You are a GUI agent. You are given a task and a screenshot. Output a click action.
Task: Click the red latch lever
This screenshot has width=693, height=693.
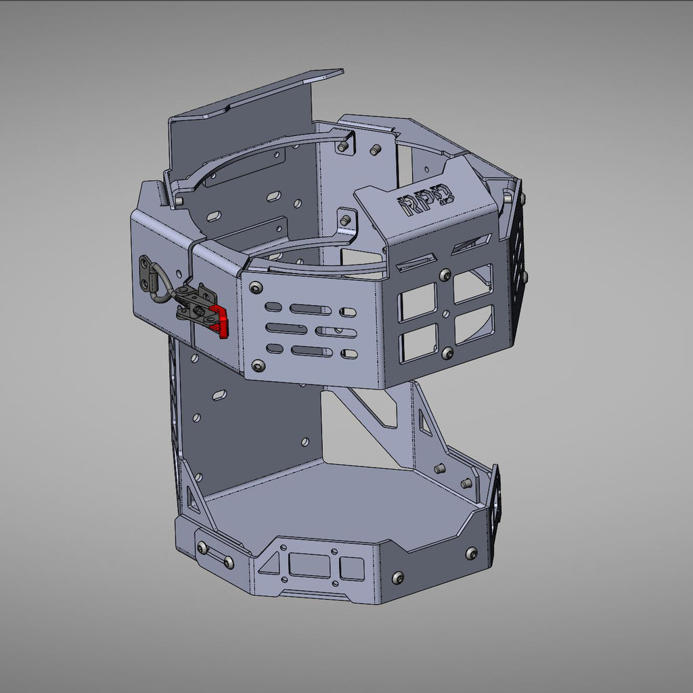[x=220, y=319]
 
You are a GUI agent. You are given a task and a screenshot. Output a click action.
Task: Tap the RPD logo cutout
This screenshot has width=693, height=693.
[x=426, y=200]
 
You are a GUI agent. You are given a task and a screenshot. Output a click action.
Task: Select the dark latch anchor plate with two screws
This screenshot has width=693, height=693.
[x=145, y=271]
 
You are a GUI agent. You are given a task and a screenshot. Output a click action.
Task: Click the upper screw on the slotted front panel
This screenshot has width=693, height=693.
[x=255, y=288]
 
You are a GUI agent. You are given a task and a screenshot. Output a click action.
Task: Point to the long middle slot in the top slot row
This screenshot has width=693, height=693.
[x=311, y=309]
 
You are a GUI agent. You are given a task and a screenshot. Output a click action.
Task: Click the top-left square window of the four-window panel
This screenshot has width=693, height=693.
[x=417, y=302]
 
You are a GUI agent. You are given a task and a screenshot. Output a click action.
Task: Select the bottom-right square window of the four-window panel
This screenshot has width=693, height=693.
[x=474, y=324]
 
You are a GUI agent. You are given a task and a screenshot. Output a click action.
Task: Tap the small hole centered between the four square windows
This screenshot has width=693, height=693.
[x=445, y=314]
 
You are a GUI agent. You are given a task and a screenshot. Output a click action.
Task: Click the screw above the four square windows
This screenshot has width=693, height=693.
[x=445, y=275]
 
